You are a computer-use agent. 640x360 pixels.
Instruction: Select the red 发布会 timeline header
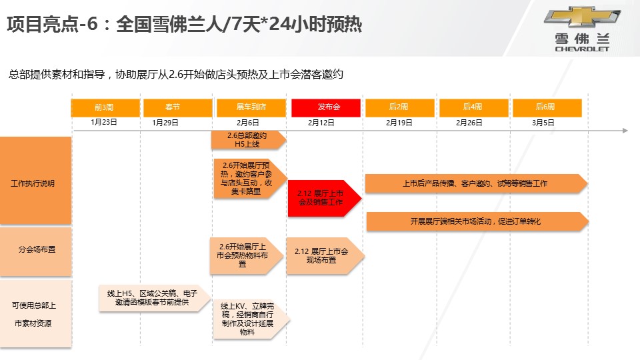pyautogui.click(x=326, y=107)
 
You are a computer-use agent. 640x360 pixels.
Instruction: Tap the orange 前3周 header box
pyautogui.click(x=105, y=107)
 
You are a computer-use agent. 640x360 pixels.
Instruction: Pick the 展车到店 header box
pyautogui.click(x=251, y=107)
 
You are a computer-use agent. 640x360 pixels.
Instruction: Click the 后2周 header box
pyautogui.click(x=398, y=107)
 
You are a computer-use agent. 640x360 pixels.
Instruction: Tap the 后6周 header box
pyautogui.click(x=545, y=107)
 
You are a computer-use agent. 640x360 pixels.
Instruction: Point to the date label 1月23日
pyautogui.click(x=104, y=123)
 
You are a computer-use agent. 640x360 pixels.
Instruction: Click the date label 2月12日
pyautogui.click(x=321, y=123)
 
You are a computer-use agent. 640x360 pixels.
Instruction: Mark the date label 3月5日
pyautogui.click(x=543, y=123)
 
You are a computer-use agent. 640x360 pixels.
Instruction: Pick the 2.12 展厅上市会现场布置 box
pyautogui.click(x=323, y=256)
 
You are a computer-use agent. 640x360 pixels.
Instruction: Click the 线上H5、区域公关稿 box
pyautogui.click(x=153, y=297)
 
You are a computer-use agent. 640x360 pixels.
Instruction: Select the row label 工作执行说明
pyautogui.click(x=33, y=183)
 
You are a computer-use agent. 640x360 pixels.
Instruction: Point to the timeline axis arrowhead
pyautogui.click(x=625, y=131)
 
